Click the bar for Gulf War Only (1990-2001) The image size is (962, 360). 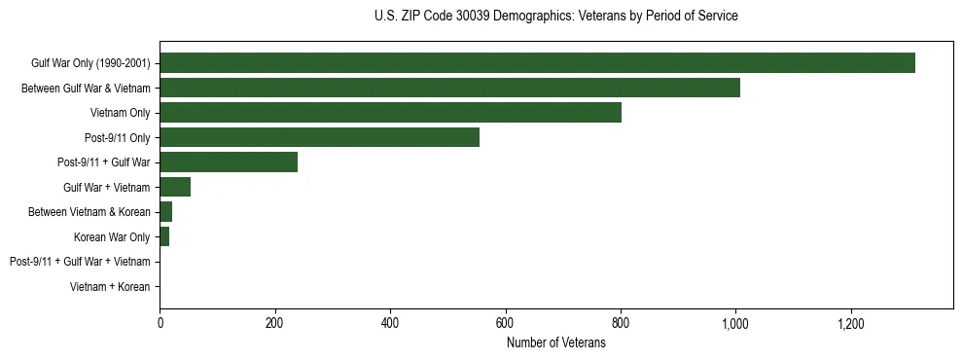[537, 63]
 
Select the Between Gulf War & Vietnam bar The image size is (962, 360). [449, 89]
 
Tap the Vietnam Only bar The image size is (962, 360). [390, 113]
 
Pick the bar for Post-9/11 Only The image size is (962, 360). [319, 137]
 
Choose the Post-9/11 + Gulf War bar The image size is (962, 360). [229, 162]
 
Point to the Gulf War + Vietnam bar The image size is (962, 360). [175, 187]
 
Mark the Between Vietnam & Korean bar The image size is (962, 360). [165, 212]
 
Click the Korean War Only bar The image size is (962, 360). [164, 236]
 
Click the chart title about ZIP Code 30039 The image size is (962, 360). [555, 17]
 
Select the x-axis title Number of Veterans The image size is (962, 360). [555, 343]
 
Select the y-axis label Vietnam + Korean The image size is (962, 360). [110, 286]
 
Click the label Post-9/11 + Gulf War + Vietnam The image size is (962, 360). [80, 262]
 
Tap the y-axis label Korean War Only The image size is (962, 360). [112, 236]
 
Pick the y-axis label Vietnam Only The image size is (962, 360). [120, 113]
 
